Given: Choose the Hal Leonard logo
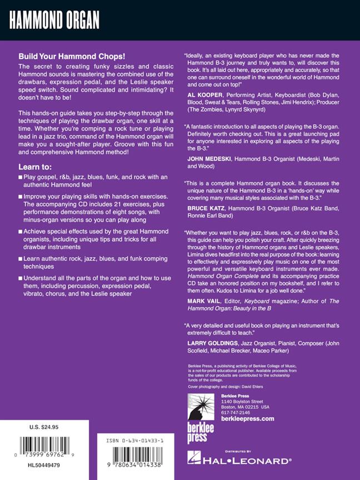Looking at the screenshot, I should pyautogui.click(x=239, y=460).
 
